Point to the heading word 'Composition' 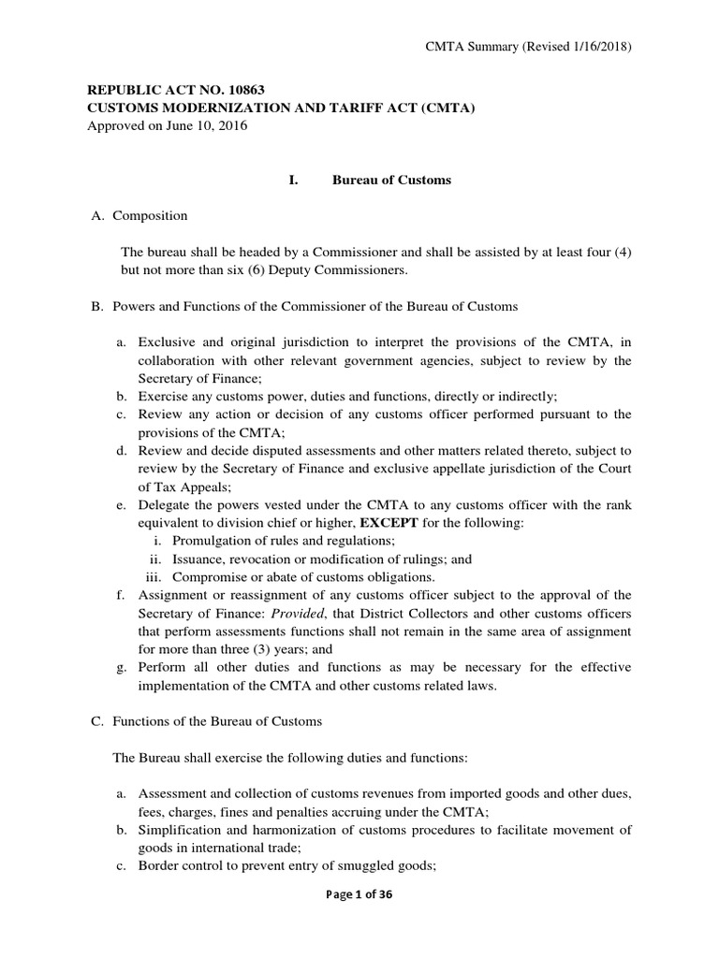pos(150,215)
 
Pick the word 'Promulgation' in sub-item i pos(210,541)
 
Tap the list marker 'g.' pos(122,666)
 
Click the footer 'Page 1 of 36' pos(359,921)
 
